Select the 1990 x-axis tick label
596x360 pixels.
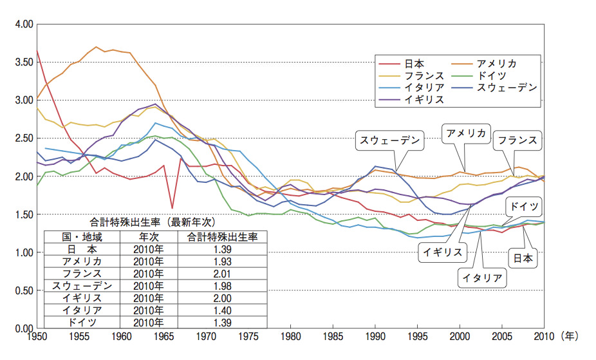click(375, 336)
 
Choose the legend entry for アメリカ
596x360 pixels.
click(496, 64)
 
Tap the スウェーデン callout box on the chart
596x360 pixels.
click(389, 140)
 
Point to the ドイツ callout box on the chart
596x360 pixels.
click(523, 207)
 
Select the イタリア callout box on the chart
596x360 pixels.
click(481, 278)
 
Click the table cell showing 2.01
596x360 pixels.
click(222, 272)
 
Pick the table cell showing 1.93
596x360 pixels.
click(222, 261)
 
